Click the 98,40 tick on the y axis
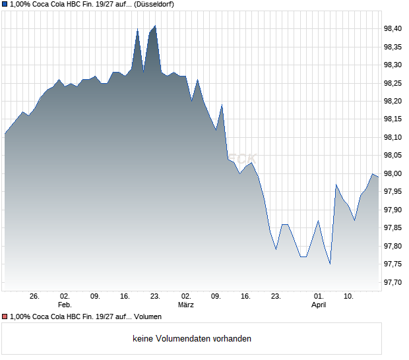[393, 28]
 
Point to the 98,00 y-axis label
[393, 173]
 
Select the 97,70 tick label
[393, 282]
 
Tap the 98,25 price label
[393, 83]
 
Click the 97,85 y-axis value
[393, 228]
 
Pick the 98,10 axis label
[393, 137]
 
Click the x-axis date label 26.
[34, 296]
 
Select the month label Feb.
[64, 305]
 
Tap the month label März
[186, 305]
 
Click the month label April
[319, 305]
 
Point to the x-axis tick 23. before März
[156, 296]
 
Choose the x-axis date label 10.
[348, 296]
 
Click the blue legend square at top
[5, 5]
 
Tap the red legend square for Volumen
[5, 317]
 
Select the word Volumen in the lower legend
[148, 317]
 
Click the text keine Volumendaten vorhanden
[192, 339]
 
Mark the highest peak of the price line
[155, 26]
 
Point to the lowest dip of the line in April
[330, 264]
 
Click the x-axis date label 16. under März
[246, 296]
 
